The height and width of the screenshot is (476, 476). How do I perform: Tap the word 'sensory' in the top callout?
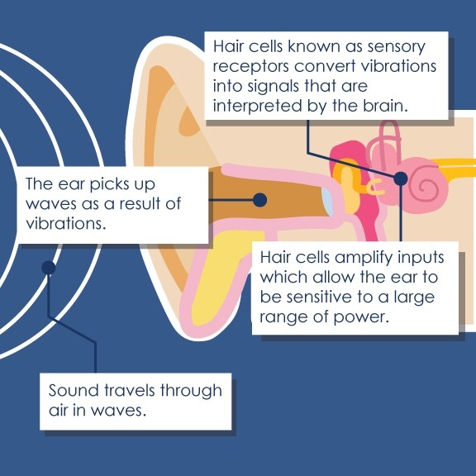click(396, 47)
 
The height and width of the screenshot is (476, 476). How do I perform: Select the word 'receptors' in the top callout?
click(250, 67)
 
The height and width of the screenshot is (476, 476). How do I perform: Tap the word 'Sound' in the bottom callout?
click(74, 390)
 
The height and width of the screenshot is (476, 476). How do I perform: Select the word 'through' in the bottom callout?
click(191, 392)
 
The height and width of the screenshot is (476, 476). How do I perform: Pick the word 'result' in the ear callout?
click(140, 203)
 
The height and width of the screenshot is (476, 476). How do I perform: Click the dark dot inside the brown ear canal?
click(259, 200)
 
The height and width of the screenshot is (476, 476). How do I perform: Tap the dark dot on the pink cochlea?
click(401, 178)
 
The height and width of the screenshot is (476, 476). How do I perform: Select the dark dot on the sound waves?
click(49, 268)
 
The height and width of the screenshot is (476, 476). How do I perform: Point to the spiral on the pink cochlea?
click(429, 185)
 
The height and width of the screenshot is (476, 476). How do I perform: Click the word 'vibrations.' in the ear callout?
click(66, 224)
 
